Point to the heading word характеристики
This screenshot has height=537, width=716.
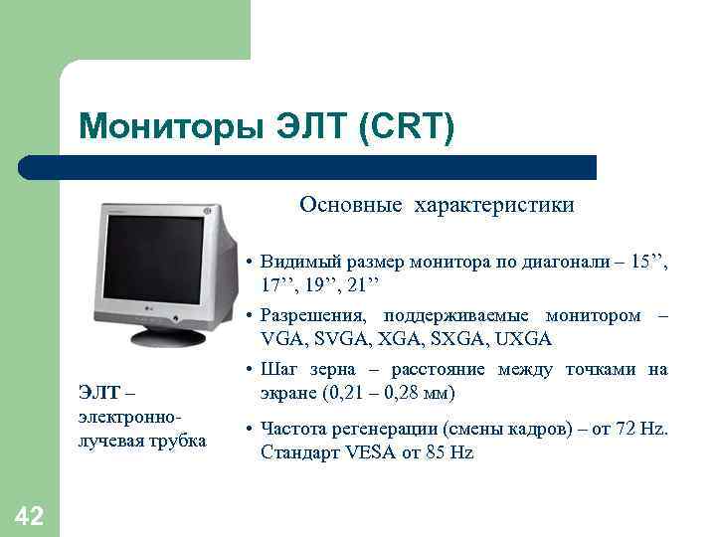click(x=496, y=205)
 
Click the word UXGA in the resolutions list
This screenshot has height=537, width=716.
click(x=523, y=339)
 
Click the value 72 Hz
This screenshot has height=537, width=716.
click(x=646, y=430)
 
